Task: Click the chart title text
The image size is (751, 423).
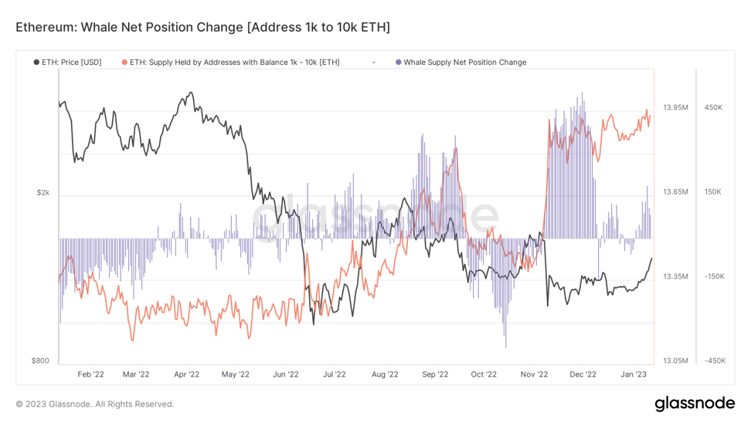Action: [x=202, y=27]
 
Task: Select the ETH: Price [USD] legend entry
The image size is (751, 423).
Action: [x=71, y=63]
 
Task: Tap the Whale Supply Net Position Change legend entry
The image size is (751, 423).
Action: [x=464, y=63]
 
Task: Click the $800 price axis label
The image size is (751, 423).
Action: [x=39, y=360]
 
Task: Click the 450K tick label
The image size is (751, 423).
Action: [x=713, y=107]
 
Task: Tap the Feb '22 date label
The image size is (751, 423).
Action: [x=91, y=375]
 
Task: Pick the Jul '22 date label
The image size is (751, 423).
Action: [x=335, y=375]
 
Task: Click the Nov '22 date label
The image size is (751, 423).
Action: [x=533, y=375]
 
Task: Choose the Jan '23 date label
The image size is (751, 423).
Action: [x=634, y=375]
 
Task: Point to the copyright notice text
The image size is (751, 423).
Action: [x=95, y=404]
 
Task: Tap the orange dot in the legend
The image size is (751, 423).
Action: [x=124, y=63]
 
